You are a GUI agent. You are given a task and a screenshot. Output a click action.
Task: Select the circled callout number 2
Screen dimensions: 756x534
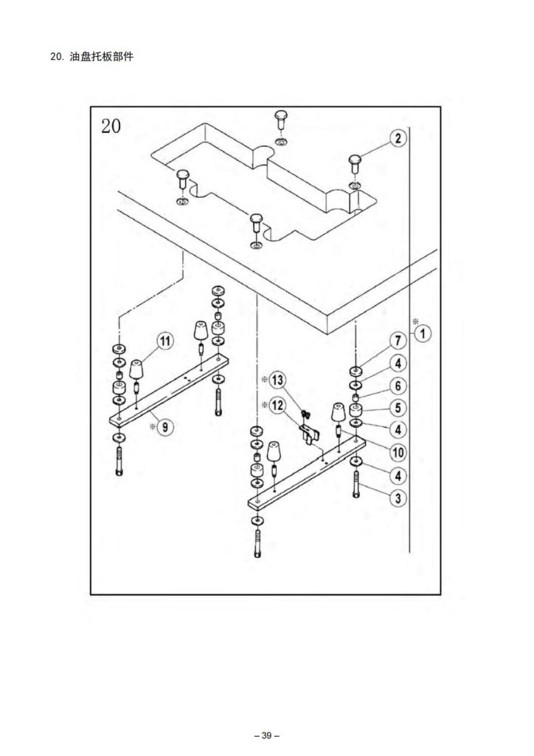397,138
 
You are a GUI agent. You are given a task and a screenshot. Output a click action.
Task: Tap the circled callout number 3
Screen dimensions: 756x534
398,498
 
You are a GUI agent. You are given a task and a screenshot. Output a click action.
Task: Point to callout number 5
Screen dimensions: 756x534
397,408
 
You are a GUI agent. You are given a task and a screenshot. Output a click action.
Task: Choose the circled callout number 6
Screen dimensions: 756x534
397,385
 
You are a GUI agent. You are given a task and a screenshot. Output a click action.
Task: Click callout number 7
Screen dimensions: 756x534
397,341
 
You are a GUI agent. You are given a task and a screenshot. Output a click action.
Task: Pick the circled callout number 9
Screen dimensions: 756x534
164,427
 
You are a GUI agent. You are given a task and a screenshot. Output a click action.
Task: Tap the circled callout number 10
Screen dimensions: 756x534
397,452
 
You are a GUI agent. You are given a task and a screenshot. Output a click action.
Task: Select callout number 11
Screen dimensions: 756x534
164,341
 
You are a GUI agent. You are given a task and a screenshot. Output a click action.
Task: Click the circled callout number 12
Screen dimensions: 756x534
277,405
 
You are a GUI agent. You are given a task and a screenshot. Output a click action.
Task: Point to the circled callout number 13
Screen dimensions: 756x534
277,381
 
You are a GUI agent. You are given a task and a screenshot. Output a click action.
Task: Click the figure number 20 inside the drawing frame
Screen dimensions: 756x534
111,126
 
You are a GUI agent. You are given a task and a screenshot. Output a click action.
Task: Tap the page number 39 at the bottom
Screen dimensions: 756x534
266,735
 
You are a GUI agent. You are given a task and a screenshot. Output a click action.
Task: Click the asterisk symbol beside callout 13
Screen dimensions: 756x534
263,380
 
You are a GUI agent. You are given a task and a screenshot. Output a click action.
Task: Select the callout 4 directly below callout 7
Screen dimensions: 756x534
397,363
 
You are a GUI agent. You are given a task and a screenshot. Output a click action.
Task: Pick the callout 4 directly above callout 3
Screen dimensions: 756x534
397,475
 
